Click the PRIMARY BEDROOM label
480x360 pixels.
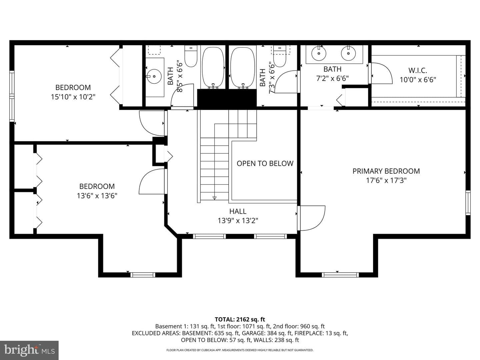tap(386, 171)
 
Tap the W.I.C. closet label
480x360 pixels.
tap(418, 70)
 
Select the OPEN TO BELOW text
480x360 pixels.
tap(265, 163)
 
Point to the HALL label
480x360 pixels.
tap(238, 211)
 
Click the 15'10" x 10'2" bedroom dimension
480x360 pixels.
tap(73, 97)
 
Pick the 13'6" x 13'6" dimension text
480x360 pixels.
tap(97, 196)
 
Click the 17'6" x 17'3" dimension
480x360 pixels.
tap(386, 180)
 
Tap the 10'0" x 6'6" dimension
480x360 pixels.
tap(418, 80)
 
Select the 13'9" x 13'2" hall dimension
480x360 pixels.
tap(238, 221)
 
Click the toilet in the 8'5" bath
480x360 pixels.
tap(191, 56)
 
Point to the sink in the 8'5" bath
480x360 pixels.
tap(154, 76)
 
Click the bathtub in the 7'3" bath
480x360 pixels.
tap(243, 67)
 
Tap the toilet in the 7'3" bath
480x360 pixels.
tap(279, 56)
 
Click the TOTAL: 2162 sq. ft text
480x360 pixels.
tap(240, 319)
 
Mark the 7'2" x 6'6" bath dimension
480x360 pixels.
tap(332, 78)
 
